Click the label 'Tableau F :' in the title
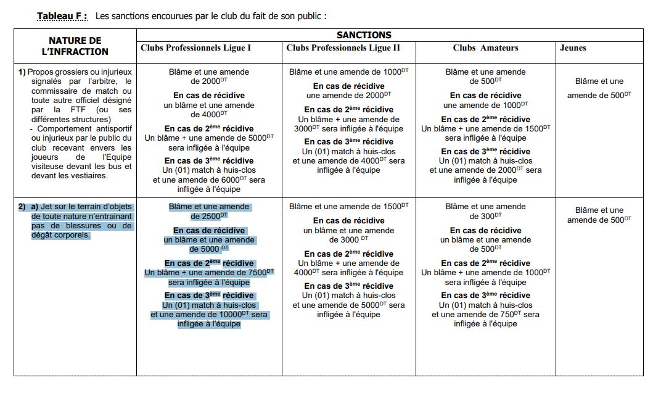point(62,15)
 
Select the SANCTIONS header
point(364,35)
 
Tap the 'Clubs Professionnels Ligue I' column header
point(196,48)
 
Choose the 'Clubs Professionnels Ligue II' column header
point(343,48)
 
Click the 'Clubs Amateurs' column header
point(485,48)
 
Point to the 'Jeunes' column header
point(573,48)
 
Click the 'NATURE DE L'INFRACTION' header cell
point(75,46)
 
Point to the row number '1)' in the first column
point(22,72)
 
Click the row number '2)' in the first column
point(22,207)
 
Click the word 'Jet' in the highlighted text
point(47,207)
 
